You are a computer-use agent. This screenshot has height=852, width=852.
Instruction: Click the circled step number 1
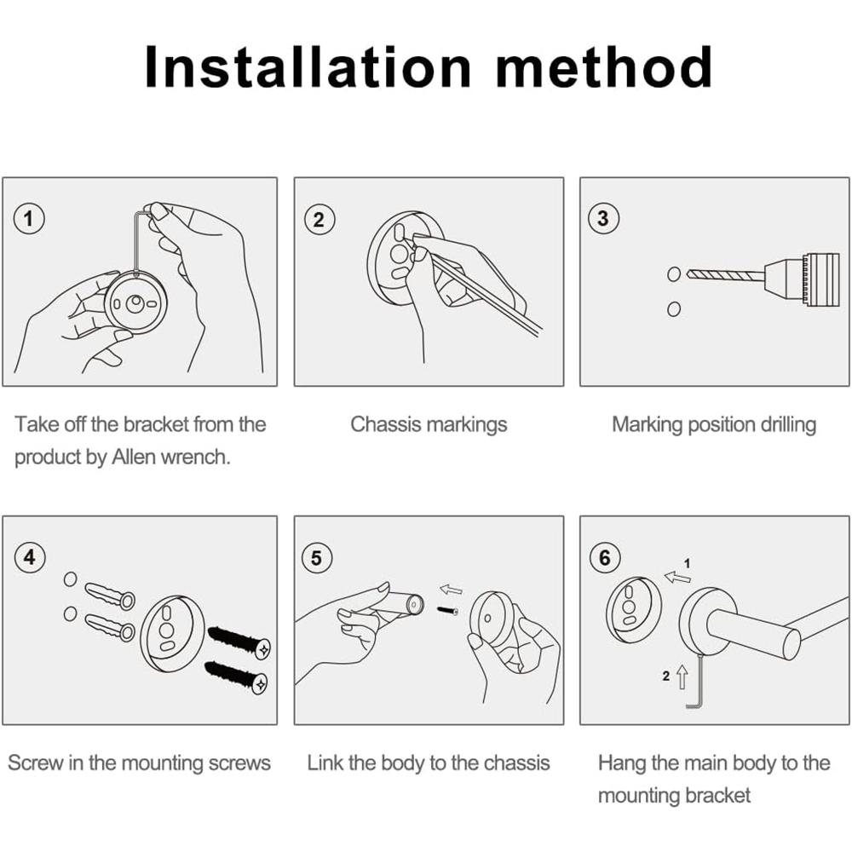29,219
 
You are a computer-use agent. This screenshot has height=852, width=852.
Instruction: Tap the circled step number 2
319,219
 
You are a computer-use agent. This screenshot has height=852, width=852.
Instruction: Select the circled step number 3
603,218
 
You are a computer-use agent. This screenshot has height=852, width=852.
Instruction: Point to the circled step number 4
29,557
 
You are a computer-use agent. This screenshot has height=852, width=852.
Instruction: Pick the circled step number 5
316,557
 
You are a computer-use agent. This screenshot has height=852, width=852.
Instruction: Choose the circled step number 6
605,557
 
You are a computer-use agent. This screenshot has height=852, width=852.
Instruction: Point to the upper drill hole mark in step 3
674,273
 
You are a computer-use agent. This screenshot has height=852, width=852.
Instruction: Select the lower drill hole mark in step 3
674,309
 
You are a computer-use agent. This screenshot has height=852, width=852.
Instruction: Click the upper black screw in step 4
239,642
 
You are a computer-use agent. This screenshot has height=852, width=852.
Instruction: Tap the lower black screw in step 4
237,676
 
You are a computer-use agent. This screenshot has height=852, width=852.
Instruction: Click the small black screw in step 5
447,610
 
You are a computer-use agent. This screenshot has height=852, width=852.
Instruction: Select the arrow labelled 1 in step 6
677,577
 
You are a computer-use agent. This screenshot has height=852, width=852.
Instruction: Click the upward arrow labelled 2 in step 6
682,677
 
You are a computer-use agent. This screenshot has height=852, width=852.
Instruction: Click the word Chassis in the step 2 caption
384,424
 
